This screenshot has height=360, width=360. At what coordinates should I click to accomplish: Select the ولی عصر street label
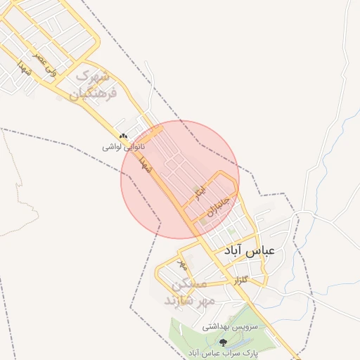click(43, 61)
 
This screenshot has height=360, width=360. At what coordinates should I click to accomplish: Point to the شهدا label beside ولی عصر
click(24, 69)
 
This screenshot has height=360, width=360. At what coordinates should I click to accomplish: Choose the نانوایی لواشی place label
click(124, 147)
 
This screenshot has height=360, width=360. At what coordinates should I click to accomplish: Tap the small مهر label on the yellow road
click(183, 266)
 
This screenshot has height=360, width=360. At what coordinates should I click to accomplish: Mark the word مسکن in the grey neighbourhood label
click(190, 285)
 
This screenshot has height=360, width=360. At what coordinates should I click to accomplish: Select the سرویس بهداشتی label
click(231, 327)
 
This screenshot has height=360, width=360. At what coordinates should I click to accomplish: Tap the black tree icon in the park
click(224, 342)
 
